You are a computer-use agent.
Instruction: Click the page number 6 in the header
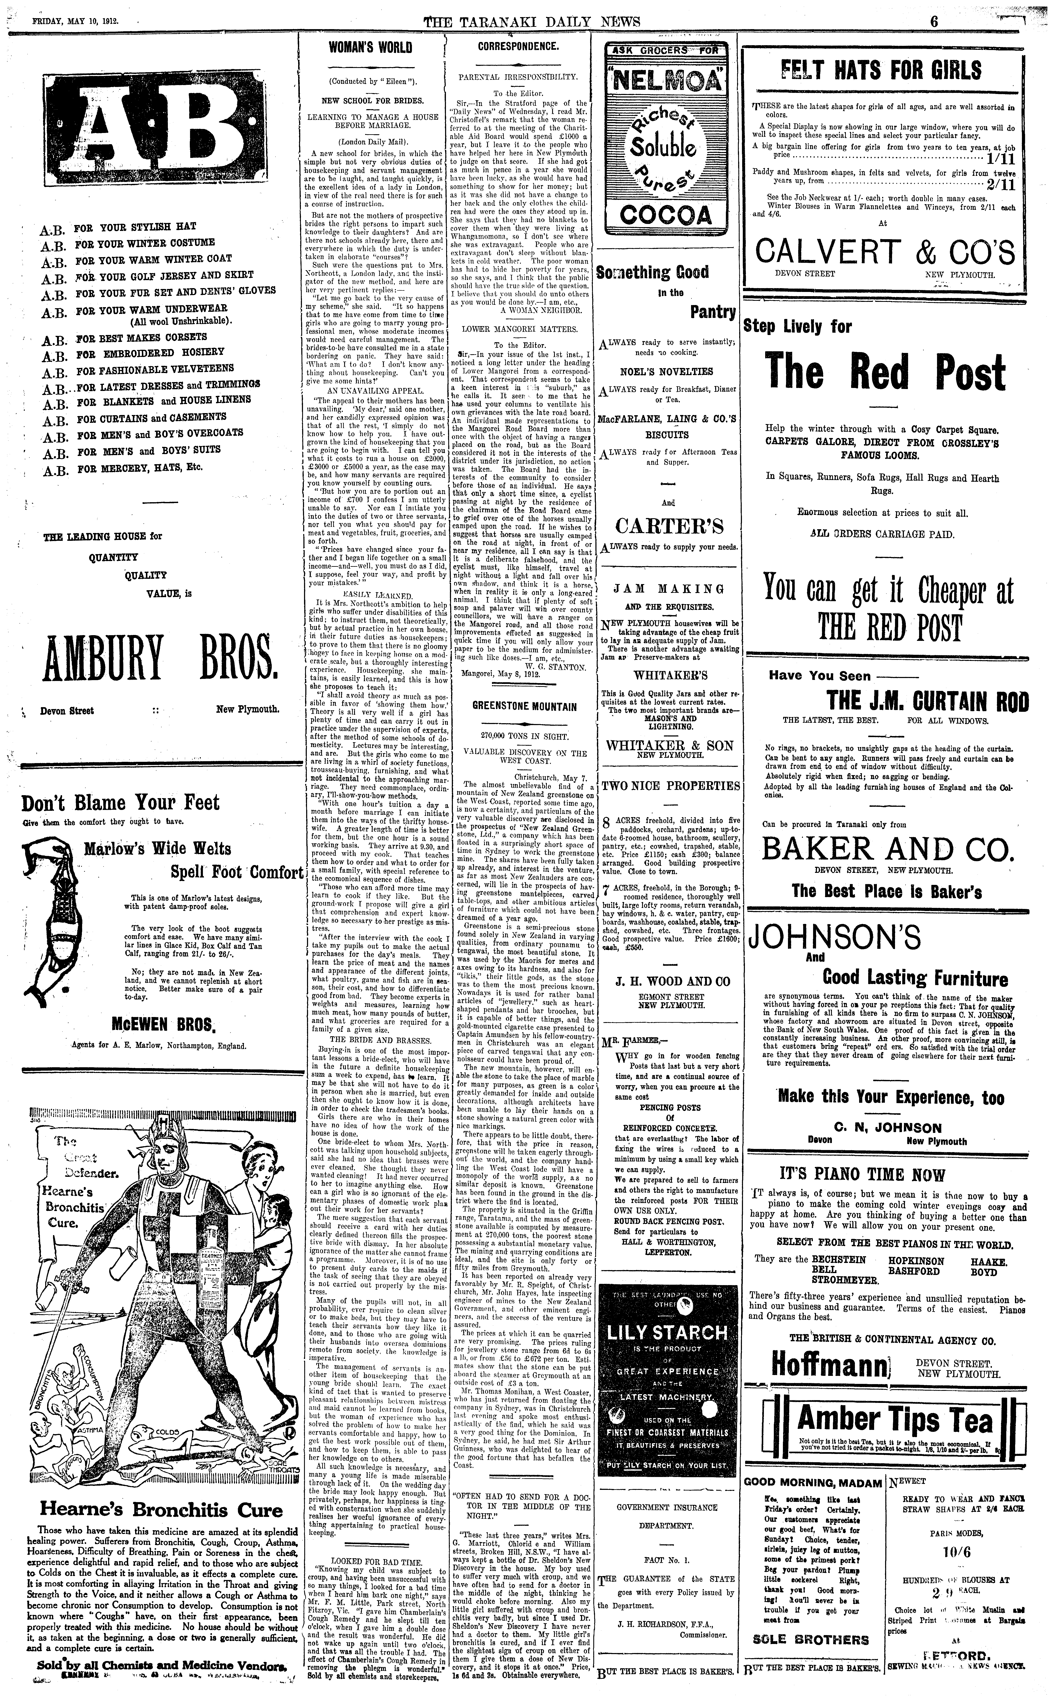[934, 21]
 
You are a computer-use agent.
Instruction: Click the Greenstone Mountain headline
[524, 706]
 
